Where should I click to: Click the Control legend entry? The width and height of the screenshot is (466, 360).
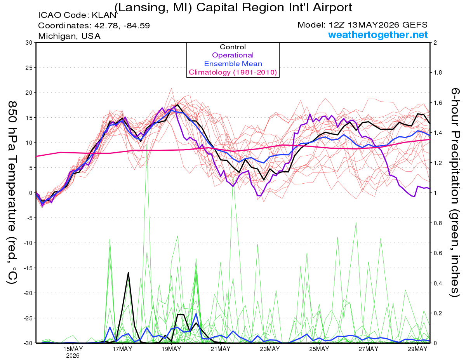233,47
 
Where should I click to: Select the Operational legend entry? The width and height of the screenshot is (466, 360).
233,55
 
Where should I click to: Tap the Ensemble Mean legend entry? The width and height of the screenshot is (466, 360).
233,64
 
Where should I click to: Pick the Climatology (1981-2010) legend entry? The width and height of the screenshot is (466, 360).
233,72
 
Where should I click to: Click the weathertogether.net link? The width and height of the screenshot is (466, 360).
378,35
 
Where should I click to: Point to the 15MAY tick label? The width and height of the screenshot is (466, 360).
73,349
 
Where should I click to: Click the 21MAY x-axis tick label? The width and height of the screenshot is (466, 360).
221,349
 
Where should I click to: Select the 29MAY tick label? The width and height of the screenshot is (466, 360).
417,349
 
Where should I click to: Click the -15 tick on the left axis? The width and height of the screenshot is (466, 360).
28,268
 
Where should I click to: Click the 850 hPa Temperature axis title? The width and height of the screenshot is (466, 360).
12,193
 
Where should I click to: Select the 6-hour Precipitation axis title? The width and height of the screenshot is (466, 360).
455,193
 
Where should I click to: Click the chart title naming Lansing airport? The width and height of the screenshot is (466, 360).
233,7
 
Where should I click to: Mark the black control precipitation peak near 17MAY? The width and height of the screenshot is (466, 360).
128,273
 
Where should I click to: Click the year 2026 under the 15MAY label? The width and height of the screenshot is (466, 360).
73,356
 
